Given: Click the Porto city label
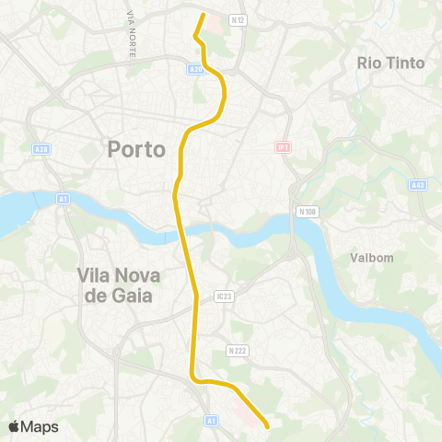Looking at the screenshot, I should coord(136,148).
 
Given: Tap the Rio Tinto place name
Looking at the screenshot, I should coord(390,63).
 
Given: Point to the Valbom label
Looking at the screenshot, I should coord(372,259).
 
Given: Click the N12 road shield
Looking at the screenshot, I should coord(238,18).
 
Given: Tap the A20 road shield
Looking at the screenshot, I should coord(194,68).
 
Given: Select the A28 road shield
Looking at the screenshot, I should coord(40,148).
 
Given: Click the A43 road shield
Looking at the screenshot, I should coord(417,184).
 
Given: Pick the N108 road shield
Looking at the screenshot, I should coord(308,211).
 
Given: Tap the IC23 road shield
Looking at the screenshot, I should coord(222,296).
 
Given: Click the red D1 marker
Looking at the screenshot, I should coord(283,146).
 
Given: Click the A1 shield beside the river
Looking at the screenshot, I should coord(63,197).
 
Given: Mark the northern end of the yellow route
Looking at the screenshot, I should coord(203,14).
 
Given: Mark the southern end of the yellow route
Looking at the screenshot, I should coord(267,427).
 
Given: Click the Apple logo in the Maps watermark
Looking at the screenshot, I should coord(14,426).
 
